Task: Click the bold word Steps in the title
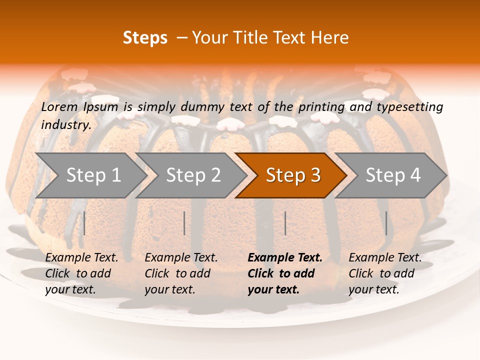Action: click(145, 38)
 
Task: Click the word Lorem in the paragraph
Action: click(59, 106)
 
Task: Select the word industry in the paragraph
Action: click(66, 125)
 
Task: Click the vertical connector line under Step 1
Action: click(84, 223)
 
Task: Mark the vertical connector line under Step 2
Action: click(184, 223)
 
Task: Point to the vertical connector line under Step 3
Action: click(285, 223)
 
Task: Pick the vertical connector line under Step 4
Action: click(386, 223)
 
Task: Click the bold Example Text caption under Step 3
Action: click(285, 273)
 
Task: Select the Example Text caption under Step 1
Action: click(81, 273)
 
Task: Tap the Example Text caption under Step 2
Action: click(181, 273)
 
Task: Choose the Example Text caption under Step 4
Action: click(385, 273)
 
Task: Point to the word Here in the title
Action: click(330, 38)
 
